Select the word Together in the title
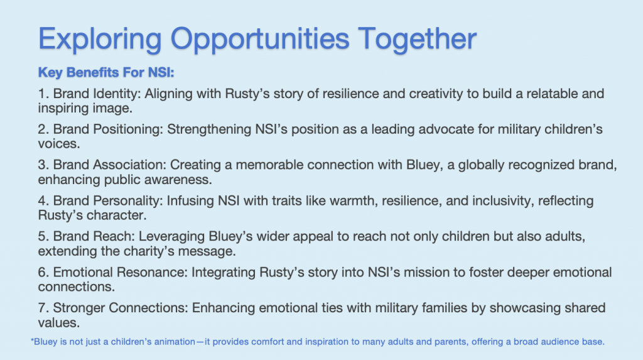(417, 38)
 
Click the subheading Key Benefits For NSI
(106, 73)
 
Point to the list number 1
(43, 94)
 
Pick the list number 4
(43, 200)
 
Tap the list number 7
(43, 308)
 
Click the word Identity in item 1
(117, 94)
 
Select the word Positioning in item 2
(128, 130)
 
